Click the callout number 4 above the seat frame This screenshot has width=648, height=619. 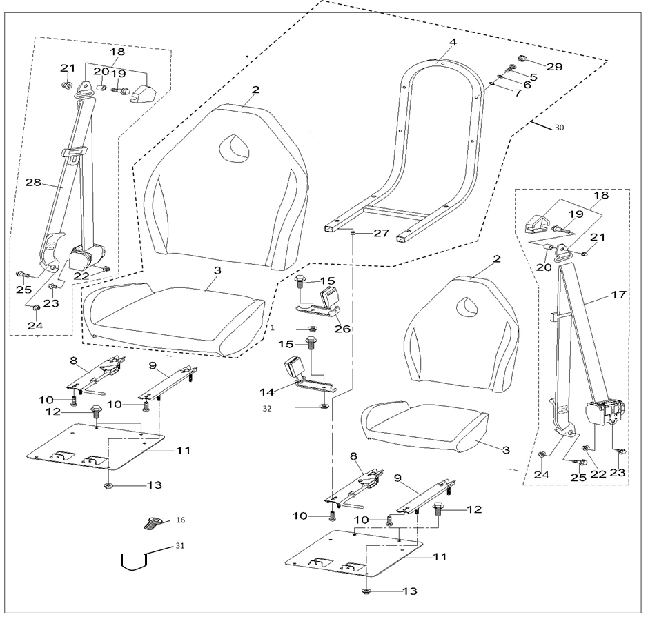pyautogui.click(x=453, y=43)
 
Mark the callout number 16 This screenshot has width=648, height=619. pyautogui.click(x=180, y=518)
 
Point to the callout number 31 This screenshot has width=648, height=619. pyautogui.click(x=180, y=546)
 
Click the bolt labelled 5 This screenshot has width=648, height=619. pyautogui.click(x=509, y=68)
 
